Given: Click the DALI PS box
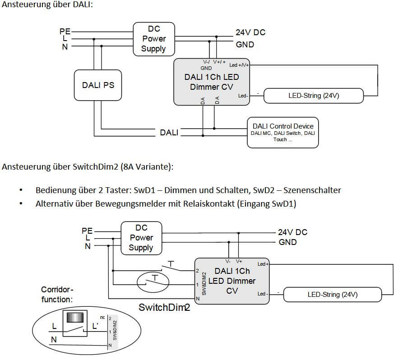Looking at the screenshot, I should pyautogui.click(x=98, y=85).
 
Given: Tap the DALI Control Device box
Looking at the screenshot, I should pyautogui.click(x=283, y=132).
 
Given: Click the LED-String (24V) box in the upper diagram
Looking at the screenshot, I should pyautogui.click(x=313, y=96).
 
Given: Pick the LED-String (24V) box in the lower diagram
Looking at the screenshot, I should pyautogui.click(x=332, y=295).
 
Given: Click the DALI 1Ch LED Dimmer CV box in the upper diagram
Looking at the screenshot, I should pyautogui.click(x=212, y=81).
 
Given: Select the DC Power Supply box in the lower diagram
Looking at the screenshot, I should pyautogui.click(x=141, y=237).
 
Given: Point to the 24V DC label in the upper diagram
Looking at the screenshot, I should pyautogui.click(x=250, y=32).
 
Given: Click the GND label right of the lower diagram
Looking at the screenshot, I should pyautogui.click(x=287, y=242).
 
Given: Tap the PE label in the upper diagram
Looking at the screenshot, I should pyautogui.click(x=65, y=31).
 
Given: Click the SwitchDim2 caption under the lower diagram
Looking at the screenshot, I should pyautogui.click(x=164, y=308).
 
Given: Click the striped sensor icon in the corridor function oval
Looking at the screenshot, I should pyautogui.click(x=75, y=318).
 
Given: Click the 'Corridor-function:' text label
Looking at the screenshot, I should pyautogui.click(x=57, y=294).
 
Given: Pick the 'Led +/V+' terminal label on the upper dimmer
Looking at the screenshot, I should pyautogui.click(x=239, y=65).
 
